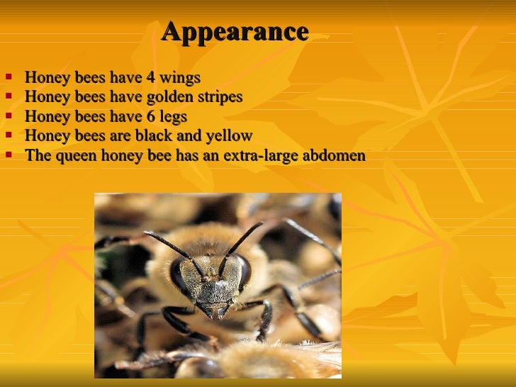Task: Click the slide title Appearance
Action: [235, 32]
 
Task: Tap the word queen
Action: [72, 155]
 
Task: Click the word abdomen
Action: [333, 155]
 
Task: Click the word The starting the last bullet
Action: [36, 155]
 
